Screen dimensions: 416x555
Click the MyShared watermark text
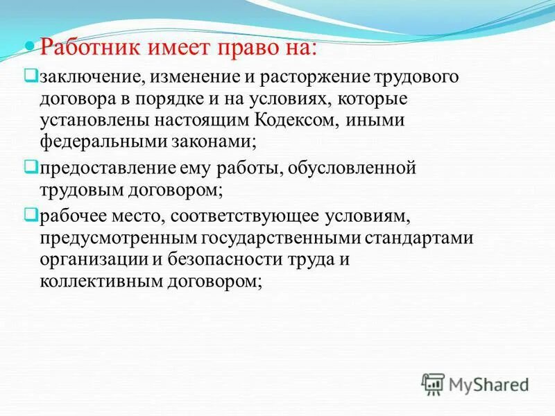(x=489, y=384)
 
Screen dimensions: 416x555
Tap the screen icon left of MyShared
(x=434, y=383)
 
